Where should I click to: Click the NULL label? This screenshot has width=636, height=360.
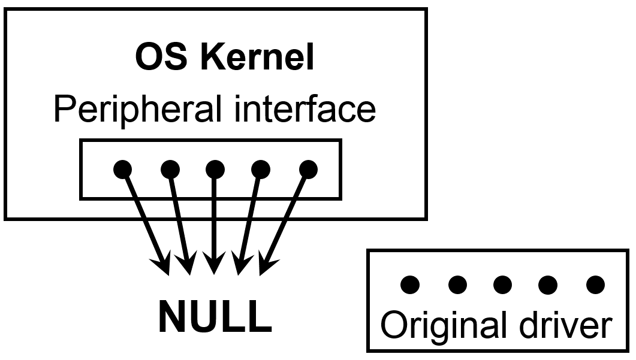pyautogui.click(x=215, y=317)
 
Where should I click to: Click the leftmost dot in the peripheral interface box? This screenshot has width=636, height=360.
pyautogui.click(x=122, y=169)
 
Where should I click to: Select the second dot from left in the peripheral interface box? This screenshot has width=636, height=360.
pyautogui.click(x=170, y=169)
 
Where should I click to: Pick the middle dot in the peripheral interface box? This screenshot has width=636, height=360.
pyautogui.click(x=215, y=169)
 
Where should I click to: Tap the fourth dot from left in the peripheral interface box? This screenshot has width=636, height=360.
pyautogui.click(x=260, y=169)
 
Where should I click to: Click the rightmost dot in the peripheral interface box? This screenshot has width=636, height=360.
pyautogui.click(x=308, y=169)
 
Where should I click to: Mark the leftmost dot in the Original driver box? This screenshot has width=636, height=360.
pyautogui.click(x=409, y=284)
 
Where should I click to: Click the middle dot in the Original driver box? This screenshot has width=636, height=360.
pyautogui.click(x=502, y=284)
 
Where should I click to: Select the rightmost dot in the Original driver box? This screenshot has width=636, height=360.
pyautogui.click(x=595, y=284)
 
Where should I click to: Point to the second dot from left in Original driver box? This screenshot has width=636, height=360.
pyautogui.click(x=457, y=284)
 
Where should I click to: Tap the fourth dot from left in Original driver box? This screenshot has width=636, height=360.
pyautogui.click(x=548, y=284)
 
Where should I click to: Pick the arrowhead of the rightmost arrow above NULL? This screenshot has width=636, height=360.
pyautogui.click(x=265, y=267)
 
